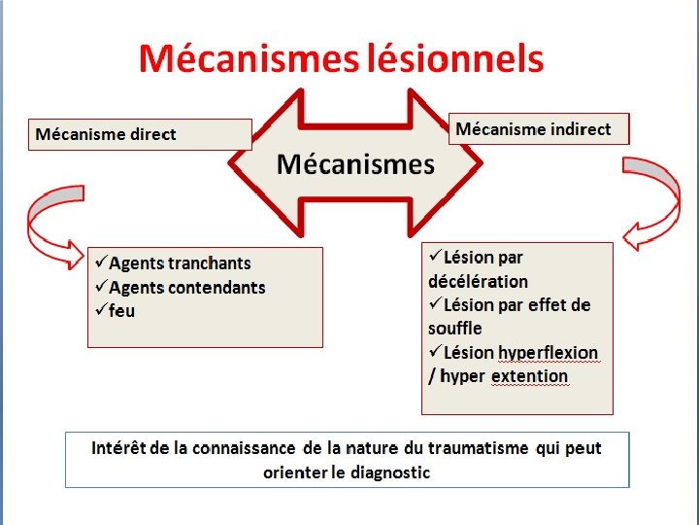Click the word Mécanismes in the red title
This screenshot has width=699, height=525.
(250, 59)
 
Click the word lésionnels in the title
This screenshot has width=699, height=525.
(455, 59)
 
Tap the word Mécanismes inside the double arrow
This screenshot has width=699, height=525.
(355, 164)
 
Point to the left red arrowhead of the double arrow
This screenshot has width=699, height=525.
(248, 162)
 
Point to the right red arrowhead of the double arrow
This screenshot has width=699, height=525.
(464, 162)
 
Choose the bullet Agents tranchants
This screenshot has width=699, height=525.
(180, 263)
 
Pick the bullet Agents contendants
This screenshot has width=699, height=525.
(186, 288)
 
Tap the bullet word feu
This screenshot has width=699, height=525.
(122, 311)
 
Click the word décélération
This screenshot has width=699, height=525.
(478, 282)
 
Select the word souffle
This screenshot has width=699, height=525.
(454, 329)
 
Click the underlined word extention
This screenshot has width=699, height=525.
(529, 376)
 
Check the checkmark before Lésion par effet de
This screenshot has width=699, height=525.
(435, 304)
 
